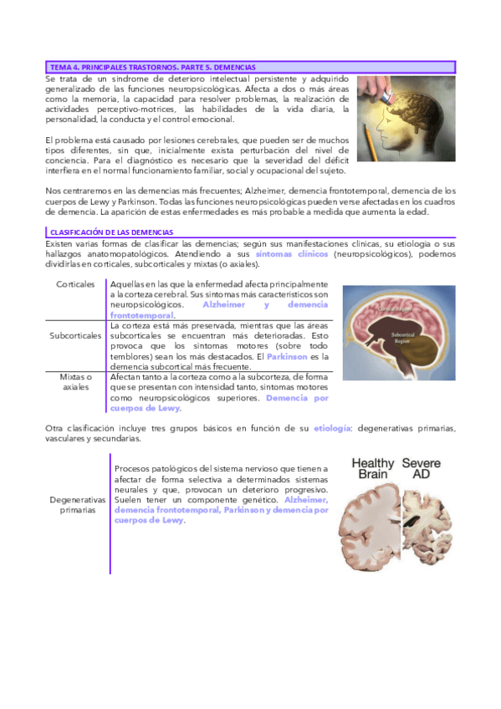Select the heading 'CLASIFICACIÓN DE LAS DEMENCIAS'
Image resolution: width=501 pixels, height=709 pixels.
coord(112,232)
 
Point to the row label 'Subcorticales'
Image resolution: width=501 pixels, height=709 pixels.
coord(75,335)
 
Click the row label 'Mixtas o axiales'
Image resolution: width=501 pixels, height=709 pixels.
coord(75,382)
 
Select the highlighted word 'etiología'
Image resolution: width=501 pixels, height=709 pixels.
coord(331,428)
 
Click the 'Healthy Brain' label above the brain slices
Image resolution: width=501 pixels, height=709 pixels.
coord(371,467)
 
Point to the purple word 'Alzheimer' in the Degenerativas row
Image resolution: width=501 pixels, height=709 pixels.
coord(306,499)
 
